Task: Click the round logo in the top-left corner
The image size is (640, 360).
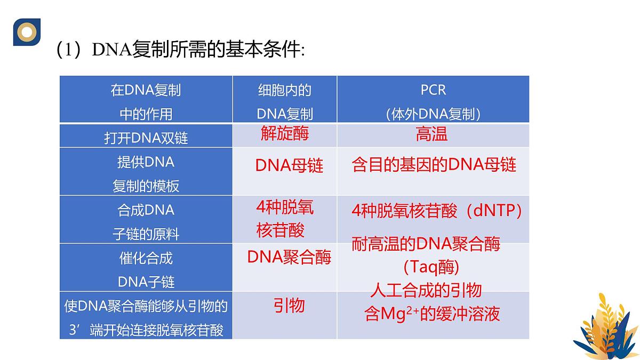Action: (27, 31)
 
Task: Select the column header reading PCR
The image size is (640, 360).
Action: (433, 90)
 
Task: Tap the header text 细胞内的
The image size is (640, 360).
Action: (284, 90)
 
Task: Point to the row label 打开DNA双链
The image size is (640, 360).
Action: (146, 138)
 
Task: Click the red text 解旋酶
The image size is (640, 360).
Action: (285, 133)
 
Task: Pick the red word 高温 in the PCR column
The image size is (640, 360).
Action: (431, 134)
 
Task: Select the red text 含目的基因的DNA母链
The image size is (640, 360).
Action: (434, 165)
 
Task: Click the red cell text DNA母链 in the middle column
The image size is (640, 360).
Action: (289, 166)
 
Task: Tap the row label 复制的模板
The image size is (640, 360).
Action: (146, 186)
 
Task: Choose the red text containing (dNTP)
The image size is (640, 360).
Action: (436, 211)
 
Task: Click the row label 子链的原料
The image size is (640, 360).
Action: (146, 234)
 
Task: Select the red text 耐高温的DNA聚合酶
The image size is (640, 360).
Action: (426, 244)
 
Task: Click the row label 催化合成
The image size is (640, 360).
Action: (146, 259)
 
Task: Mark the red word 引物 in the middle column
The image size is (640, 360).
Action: (289, 305)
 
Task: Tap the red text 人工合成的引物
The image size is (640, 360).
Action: (426, 290)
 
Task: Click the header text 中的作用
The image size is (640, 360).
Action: (146, 114)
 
